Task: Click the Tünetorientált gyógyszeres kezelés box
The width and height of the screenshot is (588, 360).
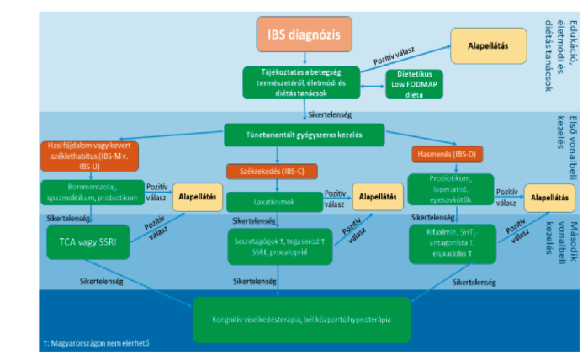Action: pos(305,135)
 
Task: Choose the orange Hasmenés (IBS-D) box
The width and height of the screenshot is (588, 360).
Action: pos(446,154)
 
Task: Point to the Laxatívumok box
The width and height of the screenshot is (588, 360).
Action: pos(275,202)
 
